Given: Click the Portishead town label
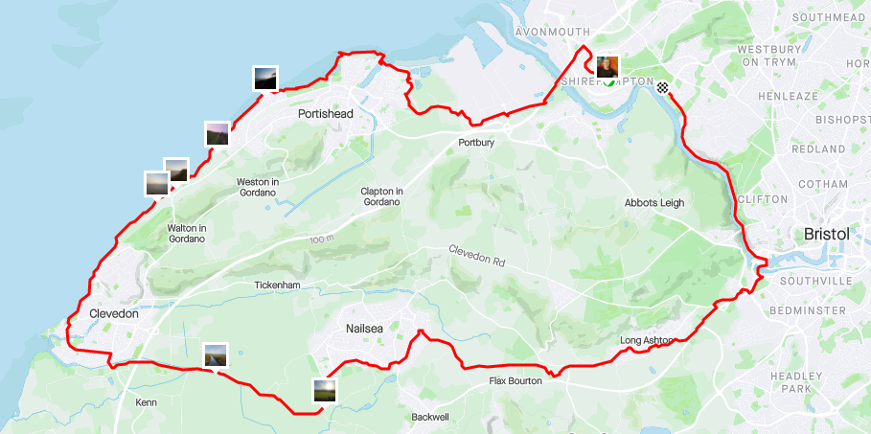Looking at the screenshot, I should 326,114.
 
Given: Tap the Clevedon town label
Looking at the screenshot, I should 113,313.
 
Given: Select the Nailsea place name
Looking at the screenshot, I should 367,329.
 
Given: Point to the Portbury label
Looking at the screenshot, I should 476,144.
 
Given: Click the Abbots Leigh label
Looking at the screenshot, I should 654,203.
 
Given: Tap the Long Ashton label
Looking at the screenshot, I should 647,340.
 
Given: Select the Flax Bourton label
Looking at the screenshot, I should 516,380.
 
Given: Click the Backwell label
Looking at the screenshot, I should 429,418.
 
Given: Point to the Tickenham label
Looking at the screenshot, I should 279,286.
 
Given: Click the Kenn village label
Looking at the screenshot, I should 146,402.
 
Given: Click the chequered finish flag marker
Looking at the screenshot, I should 662,87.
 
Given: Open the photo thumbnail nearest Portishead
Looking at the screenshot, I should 265,79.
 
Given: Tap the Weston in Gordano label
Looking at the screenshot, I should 257,188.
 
